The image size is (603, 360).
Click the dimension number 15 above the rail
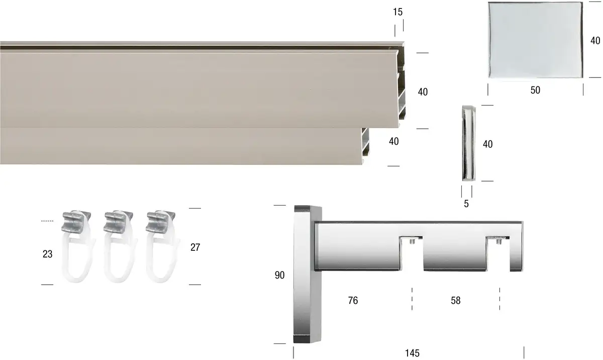397,12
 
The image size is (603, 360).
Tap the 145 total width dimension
412,353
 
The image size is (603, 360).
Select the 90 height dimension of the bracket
279,275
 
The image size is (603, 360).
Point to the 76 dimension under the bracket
353,300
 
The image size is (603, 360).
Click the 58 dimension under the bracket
455,300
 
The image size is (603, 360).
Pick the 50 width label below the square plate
535,90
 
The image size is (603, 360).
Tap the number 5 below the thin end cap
466,204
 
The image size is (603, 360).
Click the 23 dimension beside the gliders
47,254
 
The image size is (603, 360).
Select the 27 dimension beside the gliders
195,247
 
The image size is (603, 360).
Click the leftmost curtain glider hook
78,246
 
